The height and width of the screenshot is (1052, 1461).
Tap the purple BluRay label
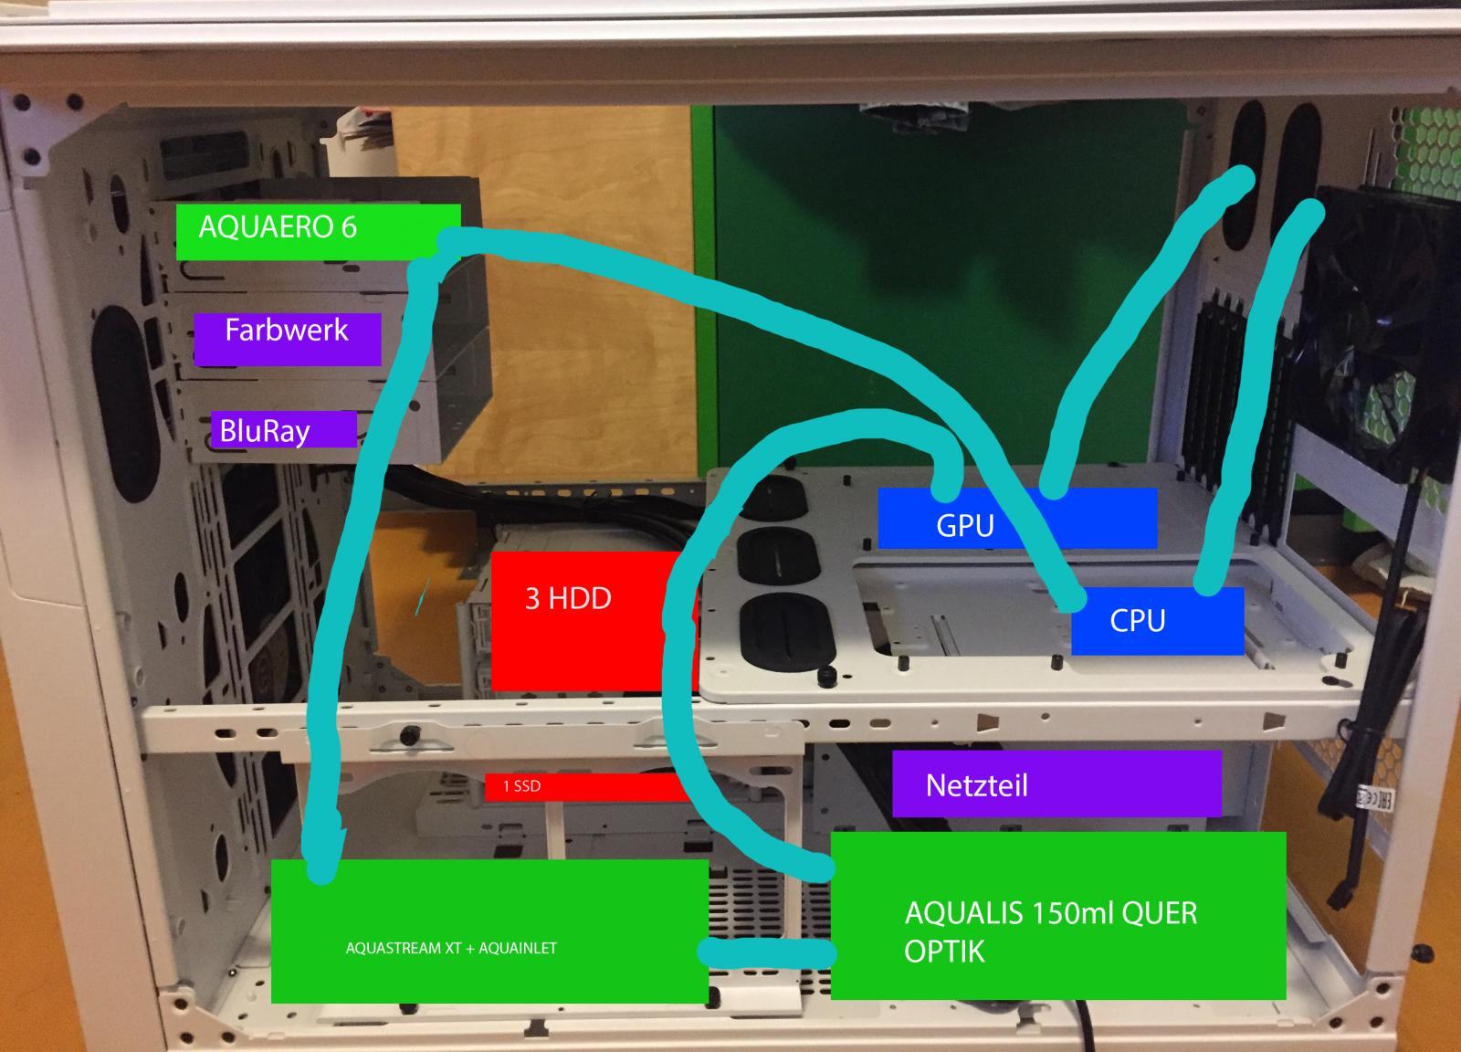tap(283, 430)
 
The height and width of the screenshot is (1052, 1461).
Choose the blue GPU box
tap(1016, 519)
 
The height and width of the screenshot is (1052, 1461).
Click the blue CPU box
tap(1157, 621)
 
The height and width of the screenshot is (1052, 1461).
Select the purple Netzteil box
tap(1056, 784)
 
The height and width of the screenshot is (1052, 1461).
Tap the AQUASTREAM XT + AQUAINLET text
tap(451, 949)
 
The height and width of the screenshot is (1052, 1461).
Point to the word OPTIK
tap(944, 952)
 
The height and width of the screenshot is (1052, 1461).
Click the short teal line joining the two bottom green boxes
tap(767, 952)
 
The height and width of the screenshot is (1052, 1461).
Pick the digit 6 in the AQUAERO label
tap(348, 226)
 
